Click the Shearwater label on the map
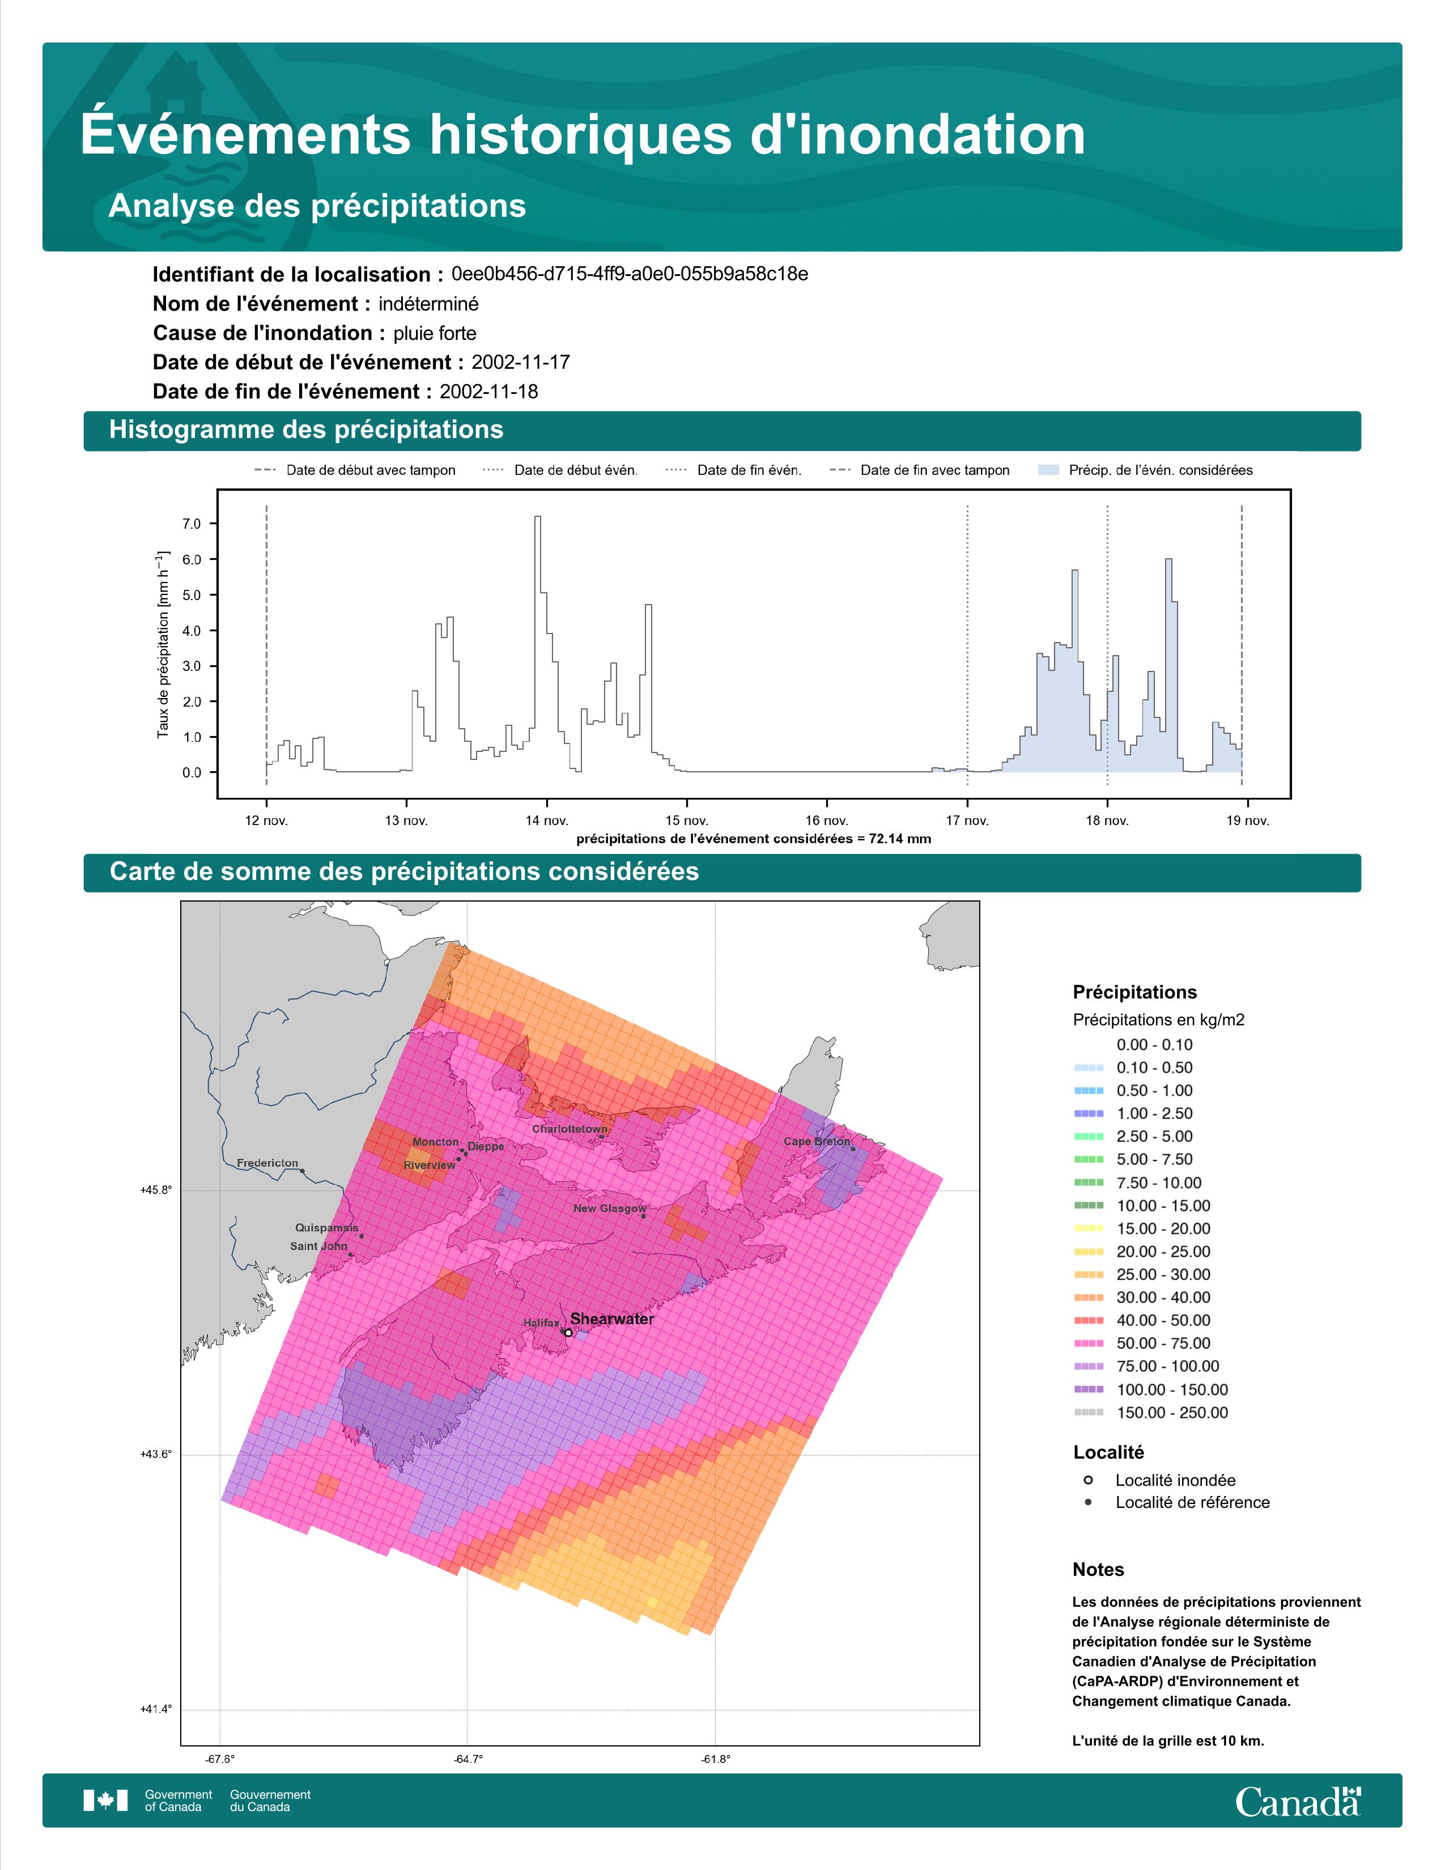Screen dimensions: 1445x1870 (x=612, y=1319)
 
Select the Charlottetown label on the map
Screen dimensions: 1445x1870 (x=570, y=1128)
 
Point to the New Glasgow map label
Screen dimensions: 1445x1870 (x=610, y=1208)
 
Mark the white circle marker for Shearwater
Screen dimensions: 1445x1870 (x=568, y=1332)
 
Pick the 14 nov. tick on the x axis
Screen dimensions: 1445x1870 (x=546, y=821)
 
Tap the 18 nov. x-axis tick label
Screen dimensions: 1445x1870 (x=1108, y=821)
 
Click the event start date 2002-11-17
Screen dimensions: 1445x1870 (x=520, y=362)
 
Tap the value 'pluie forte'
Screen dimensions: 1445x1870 (x=435, y=333)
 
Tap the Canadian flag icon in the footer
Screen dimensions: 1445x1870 (x=105, y=1801)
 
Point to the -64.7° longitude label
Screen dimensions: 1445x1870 (x=467, y=1759)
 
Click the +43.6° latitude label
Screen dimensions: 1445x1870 (x=156, y=1454)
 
